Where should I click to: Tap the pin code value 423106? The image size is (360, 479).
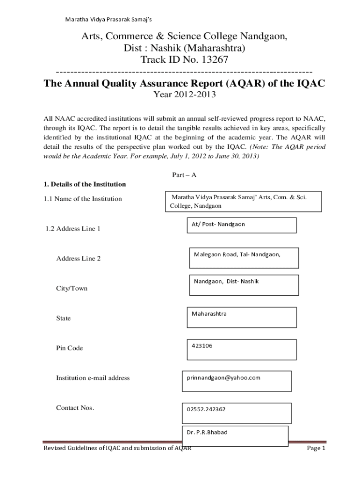pos(202,346)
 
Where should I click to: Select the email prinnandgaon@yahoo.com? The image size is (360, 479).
pos(223,377)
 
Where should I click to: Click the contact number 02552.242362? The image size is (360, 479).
pos(206,409)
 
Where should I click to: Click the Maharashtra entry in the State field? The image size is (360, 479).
pos(209,313)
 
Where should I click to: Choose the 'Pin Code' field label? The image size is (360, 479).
pos(69,348)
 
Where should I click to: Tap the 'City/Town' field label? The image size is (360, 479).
pos(72,289)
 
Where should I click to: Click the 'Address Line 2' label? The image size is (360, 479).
pos(78,259)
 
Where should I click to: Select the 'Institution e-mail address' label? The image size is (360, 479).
pos(93,378)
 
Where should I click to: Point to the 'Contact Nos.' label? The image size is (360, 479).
pos(75,408)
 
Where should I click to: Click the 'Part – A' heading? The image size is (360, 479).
pos(181,175)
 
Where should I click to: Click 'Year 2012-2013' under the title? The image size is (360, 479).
pos(185,95)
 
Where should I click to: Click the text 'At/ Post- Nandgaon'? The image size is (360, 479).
pos(218,224)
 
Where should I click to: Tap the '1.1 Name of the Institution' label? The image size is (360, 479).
pos(82,199)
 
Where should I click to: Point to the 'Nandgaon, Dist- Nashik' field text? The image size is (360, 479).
pos(226,281)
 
